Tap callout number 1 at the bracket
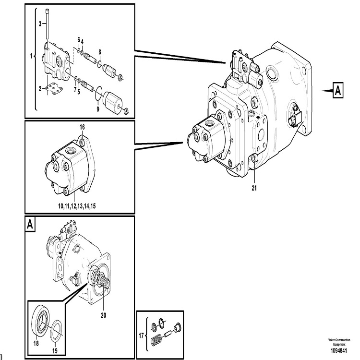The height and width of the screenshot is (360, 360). click(x=32, y=56)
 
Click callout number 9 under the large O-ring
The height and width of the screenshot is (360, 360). click(x=97, y=109)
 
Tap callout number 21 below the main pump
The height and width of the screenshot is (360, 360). click(x=254, y=188)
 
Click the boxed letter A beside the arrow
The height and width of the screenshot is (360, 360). click(x=338, y=89)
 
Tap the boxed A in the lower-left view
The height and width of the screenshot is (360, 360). click(x=31, y=224)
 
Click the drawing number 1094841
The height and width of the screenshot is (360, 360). click(x=339, y=351)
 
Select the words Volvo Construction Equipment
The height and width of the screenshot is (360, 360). click(x=339, y=342)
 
